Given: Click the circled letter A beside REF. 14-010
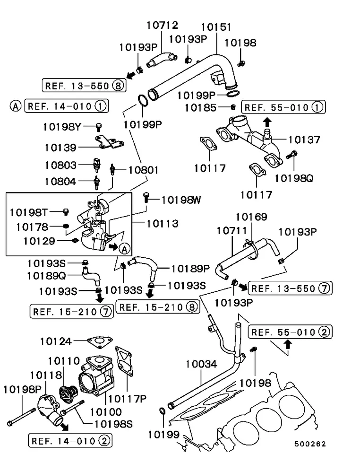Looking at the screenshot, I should click(15, 106).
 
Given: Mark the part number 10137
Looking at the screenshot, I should click(304, 140).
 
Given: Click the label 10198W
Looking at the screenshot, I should click(181, 200).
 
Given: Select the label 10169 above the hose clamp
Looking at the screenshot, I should click(251, 217).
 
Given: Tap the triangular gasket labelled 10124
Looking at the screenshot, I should click(99, 341).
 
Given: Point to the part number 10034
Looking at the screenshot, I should click(201, 364).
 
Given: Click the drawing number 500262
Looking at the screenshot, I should click(310, 444).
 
